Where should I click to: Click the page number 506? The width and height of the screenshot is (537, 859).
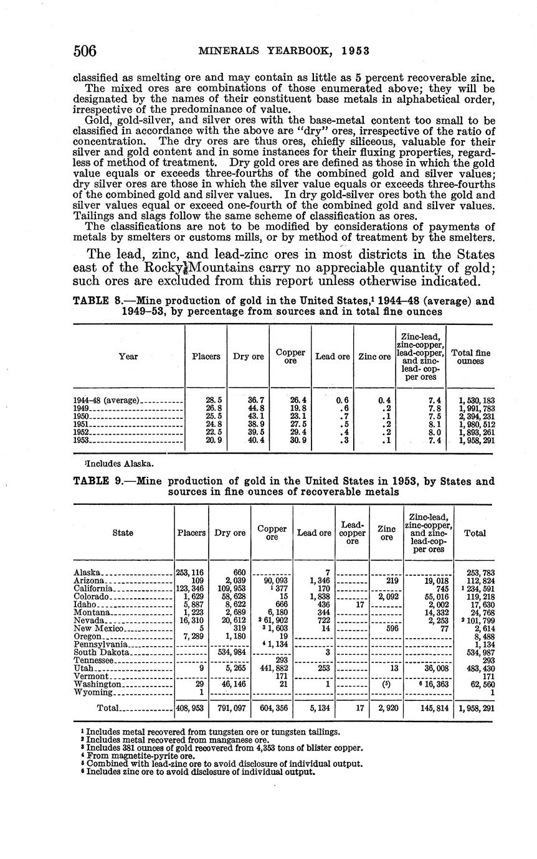[85, 51]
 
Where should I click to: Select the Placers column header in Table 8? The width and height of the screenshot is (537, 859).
[206, 357]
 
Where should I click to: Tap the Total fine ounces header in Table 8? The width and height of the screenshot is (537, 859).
[470, 357]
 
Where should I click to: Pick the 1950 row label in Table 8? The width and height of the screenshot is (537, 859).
[82, 416]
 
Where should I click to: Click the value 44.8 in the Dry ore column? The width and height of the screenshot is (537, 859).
[248, 408]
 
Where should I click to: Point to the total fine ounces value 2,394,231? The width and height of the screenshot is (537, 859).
[472, 416]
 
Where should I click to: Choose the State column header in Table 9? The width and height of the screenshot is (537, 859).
[123, 533]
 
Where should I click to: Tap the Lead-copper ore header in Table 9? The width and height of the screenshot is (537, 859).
[352, 533]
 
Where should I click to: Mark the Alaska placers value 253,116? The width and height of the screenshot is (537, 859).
[191, 573]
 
